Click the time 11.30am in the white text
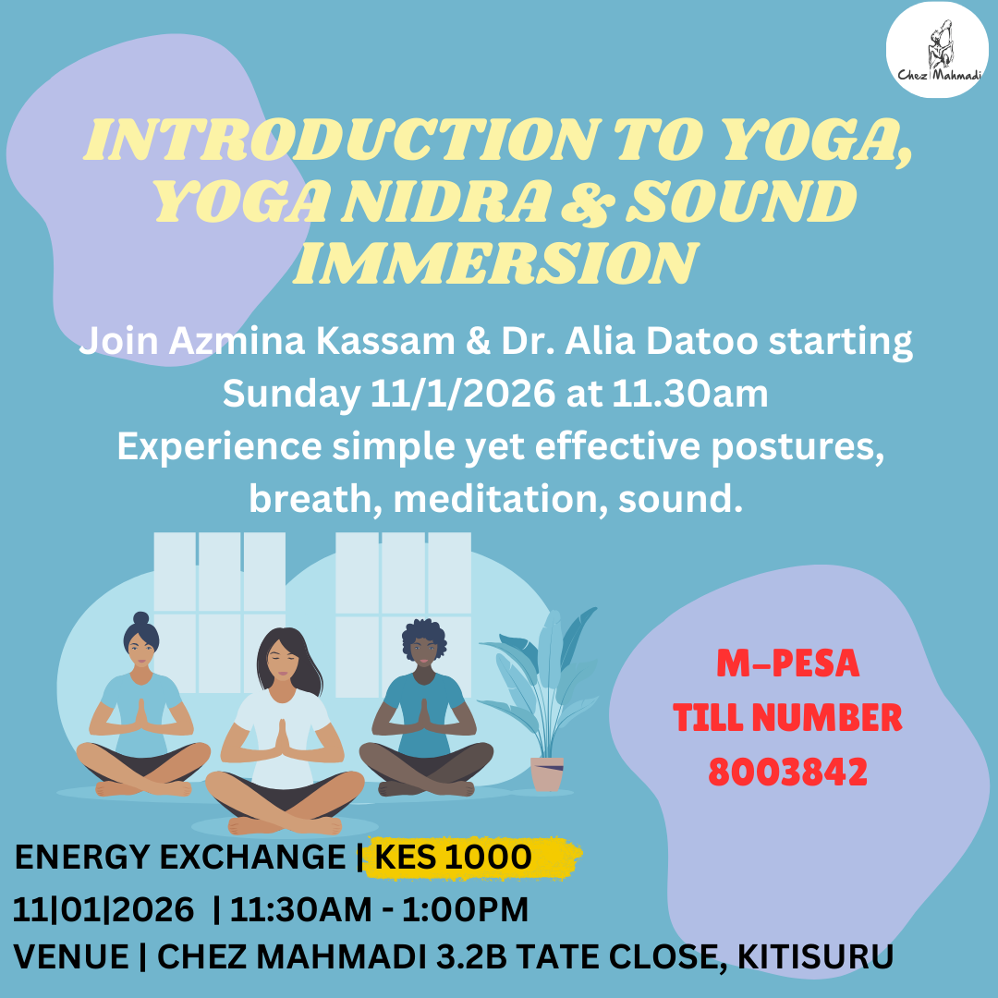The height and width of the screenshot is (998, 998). (x=690, y=395)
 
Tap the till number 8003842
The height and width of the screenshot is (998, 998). (x=787, y=771)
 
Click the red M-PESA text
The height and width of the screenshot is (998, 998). (x=788, y=663)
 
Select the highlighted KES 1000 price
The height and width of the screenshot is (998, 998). (x=453, y=858)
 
